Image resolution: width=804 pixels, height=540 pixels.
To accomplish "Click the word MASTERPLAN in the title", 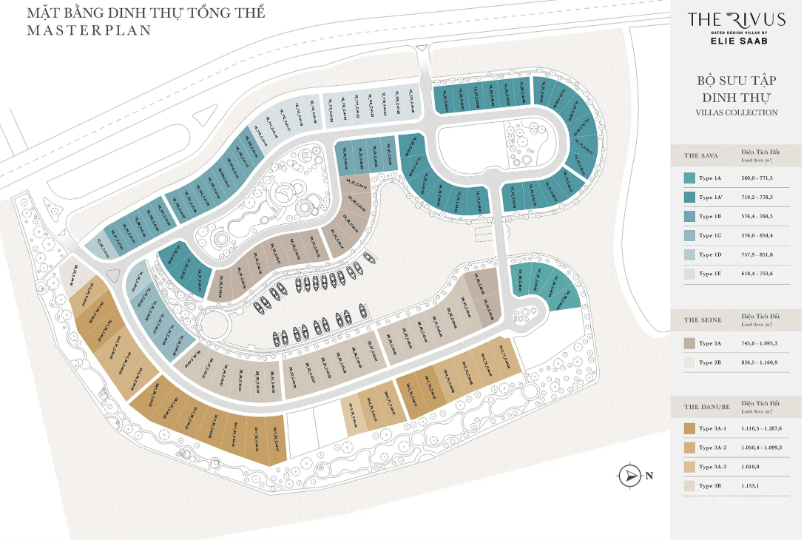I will [89, 30].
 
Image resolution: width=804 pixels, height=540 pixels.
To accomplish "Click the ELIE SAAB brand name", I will [736, 41].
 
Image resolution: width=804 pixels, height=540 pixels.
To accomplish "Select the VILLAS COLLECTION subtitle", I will [736, 112].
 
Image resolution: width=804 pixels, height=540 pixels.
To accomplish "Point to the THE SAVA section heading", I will [702, 155].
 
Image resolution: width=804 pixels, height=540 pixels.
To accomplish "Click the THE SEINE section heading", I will [703, 320].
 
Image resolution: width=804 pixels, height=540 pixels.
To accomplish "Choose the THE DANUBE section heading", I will [707, 407].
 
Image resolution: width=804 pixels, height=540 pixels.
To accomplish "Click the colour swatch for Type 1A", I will [689, 178].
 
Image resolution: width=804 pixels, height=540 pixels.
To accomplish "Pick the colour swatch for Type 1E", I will [689, 274].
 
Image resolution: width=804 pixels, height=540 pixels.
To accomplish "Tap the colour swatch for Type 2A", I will [689, 343].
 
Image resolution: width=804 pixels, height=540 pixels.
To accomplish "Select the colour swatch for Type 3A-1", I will [689, 429].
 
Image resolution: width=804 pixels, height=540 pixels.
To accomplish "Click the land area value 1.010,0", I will [755, 468].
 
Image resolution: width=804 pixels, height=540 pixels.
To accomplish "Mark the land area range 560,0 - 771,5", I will [762, 178].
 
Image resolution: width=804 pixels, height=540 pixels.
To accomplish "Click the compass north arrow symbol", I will [629, 476].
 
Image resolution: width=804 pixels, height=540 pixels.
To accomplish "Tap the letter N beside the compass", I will [649, 476].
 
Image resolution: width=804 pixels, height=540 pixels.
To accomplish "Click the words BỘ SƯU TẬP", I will [736, 81].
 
